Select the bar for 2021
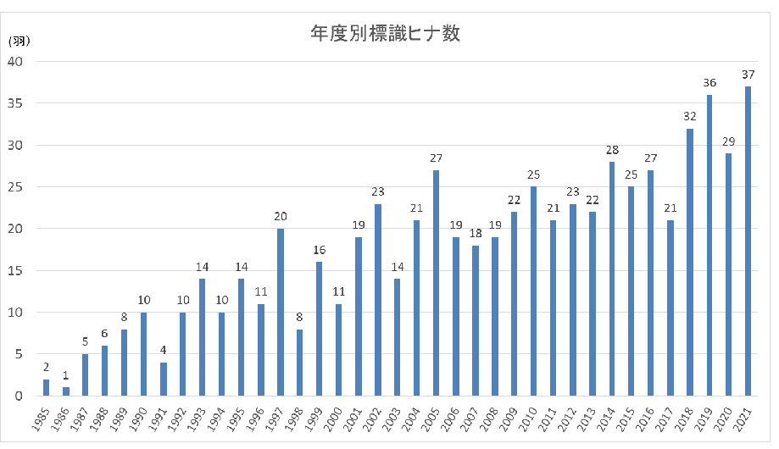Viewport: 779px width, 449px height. pyautogui.click(x=748, y=241)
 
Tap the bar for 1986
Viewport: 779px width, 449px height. pyautogui.click(x=66, y=391)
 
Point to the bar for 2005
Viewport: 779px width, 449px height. pyautogui.click(x=437, y=283)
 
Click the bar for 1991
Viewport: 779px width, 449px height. pyautogui.click(x=163, y=379)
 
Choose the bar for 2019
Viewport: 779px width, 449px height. pyautogui.click(x=709, y=245)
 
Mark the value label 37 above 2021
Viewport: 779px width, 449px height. pyautogui.click(x=748, y=74)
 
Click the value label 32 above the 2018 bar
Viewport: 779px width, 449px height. pyautogui.click(x=689, y=116)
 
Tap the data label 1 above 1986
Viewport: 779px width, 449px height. pyautogui.click(x=66, y=375)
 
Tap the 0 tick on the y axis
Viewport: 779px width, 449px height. pyautogui.click(x=19, y=396)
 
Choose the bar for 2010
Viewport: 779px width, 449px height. pyautogui.click(x=533, y=291)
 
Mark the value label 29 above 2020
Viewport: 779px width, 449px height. pyautogui.click(x=728, y=141)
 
